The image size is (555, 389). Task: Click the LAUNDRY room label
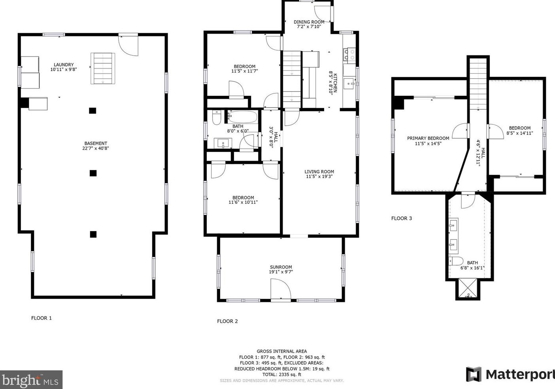point(64,65)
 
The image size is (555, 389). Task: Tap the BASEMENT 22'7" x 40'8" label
point(96,146)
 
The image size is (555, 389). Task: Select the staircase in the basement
point(102,68)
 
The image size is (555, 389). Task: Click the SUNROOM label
point(281,267)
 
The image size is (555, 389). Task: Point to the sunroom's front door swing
point(281,289)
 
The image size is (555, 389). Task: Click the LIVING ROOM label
point(319,171)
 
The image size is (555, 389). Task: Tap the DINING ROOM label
point(309,22)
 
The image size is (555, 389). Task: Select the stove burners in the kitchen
point(349,54)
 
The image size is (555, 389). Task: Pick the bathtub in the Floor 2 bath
point(243,117)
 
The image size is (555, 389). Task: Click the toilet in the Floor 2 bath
point(217,118)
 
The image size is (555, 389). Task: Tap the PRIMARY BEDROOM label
point(428,138)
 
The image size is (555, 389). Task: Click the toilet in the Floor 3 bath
point(456,261)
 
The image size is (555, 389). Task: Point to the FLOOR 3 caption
point(401,218)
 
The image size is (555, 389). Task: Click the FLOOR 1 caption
point(42,318)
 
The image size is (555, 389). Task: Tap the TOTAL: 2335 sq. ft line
point(282,375)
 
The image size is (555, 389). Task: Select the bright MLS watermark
point(31,380)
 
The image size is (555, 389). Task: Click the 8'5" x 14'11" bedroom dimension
point(519,133)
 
